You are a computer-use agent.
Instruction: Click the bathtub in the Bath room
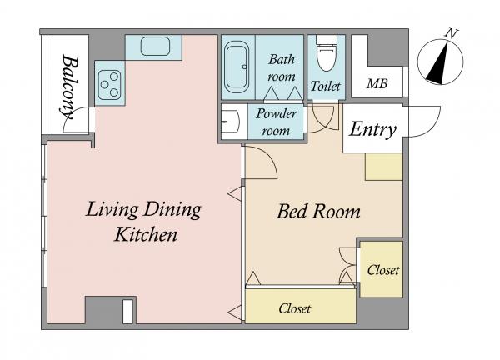point(237,67)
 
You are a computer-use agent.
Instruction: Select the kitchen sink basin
point(155,46)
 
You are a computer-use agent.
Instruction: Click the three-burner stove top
point(110,85)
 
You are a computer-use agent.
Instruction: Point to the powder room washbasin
point(230,121)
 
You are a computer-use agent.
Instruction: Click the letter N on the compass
point(451,32)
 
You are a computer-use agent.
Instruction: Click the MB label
point(377,84)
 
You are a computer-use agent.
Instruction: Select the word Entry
point(372,129)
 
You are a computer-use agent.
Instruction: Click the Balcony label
point(69,87)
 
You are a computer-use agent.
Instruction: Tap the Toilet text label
point(326,86)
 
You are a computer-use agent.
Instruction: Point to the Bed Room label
point(318,212)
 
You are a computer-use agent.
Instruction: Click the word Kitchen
point(146,234)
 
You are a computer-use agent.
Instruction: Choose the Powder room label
point(276,122)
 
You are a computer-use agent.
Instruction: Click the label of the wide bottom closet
point(295,308)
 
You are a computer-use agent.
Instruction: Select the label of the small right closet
point(383,270)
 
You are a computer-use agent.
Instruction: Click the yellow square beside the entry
point(384,167)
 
